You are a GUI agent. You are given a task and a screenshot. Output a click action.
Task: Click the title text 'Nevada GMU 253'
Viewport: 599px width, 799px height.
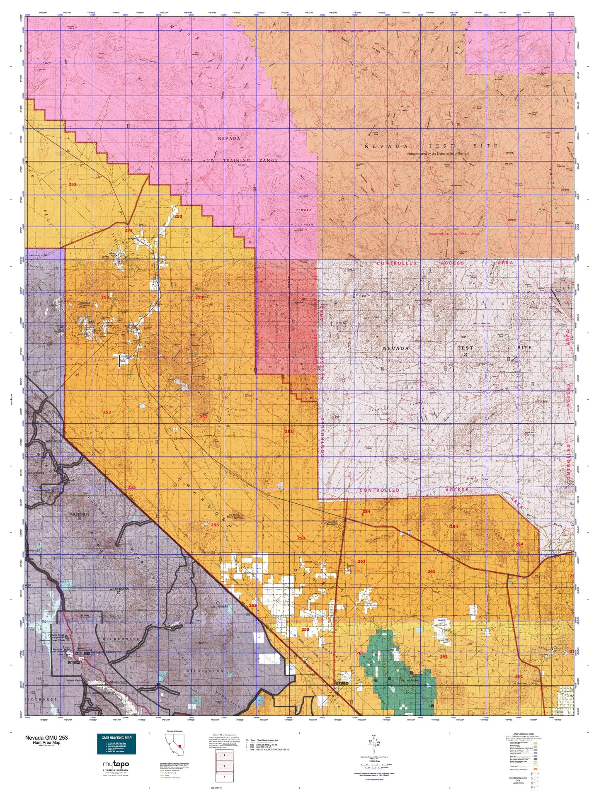tap(46, 738)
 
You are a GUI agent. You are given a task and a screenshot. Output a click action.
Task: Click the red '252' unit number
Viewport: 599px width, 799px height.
tap(73, 184)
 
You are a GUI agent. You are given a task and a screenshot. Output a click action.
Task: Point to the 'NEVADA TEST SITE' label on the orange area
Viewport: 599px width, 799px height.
tap(431, 146)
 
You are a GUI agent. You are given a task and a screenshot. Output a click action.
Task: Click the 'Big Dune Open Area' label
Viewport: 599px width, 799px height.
tap(233, 516)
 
